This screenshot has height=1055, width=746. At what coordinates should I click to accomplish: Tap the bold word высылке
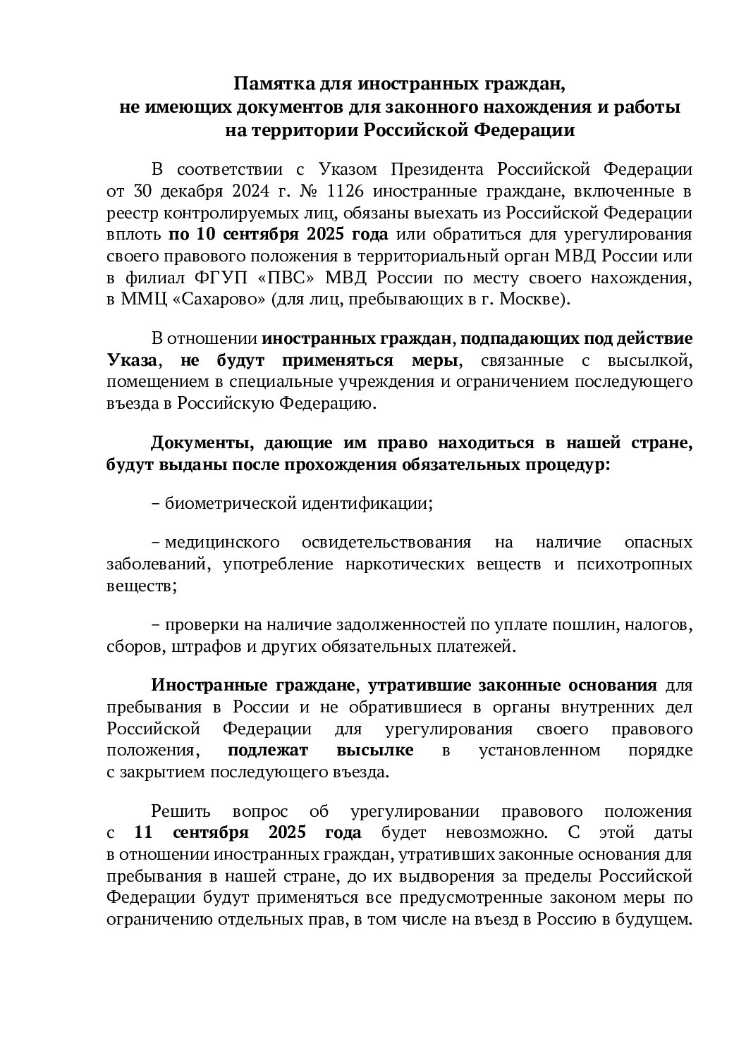pyautogui.click(x=373, y=750)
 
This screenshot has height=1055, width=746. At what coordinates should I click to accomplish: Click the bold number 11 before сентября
pyautogui.click(x=144, y=832)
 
